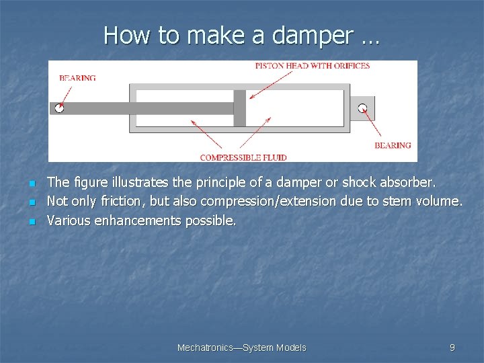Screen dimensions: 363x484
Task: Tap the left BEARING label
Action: (x=77, y=78)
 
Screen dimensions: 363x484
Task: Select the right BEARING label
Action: (x=393, y=145)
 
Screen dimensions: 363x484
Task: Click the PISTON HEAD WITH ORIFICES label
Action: (x=313, y=66)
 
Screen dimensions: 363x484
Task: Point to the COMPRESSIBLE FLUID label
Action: (x=243, y=157)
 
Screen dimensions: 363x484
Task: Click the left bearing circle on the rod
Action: (x=59, y=108)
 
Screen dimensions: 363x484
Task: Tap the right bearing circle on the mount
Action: (x=362, y=108)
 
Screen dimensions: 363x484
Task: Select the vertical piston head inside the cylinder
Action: (x=239, y=108)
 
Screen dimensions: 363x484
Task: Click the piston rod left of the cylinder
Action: (x=94, y=108)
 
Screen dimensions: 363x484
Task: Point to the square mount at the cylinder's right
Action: (x=362, y=108)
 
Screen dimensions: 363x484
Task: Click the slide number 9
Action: (x=452, y=348)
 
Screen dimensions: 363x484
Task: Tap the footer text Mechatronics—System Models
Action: (x=241, y=348)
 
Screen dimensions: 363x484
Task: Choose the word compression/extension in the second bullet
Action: (x=273, y=201)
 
